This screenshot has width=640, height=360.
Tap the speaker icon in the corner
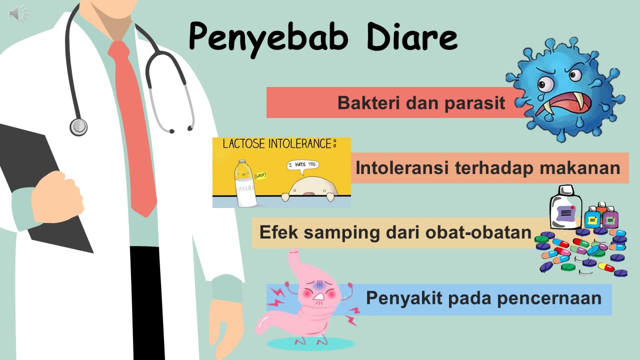click(18, 13)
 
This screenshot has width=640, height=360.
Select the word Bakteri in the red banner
click(368, 103)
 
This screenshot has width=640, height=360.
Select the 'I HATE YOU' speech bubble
click(302, 165)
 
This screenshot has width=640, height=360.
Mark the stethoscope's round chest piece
click(78, 126)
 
